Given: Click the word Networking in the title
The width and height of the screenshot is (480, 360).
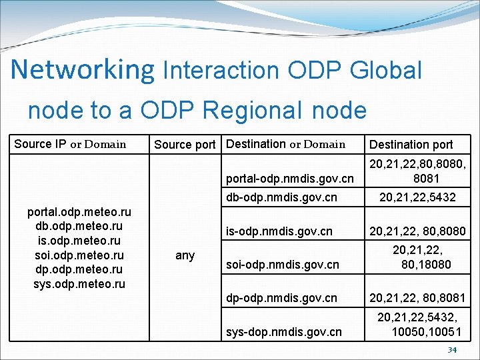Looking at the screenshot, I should click(x=82, y=70).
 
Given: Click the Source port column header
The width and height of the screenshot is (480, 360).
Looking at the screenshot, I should click(x=185, y=145).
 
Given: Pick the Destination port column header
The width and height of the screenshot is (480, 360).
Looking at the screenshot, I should click(x=411, y=145).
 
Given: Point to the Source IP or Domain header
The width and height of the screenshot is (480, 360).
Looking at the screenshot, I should click(x=70, y=144).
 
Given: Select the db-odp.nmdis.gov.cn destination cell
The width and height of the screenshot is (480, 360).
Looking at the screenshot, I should click(x=281, y=197).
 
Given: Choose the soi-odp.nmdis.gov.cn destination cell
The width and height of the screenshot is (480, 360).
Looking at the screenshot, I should click(x=283, y=265).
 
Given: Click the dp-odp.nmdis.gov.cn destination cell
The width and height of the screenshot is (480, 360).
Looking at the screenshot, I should click(x=281, y=297).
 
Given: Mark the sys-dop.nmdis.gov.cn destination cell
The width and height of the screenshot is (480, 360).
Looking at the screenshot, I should click(x=284, y=331).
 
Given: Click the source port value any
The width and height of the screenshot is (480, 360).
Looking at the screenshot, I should click(x=185, y=255).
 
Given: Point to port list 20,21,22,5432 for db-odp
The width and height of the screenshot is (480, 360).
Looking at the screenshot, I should click(x=417, y=197).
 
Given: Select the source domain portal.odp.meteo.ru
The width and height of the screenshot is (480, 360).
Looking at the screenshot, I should click(x=79, y=212).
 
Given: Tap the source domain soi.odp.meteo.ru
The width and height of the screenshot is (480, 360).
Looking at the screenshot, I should click(x=79, y=256).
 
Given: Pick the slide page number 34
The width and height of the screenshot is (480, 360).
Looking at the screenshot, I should click(x=452, y=351).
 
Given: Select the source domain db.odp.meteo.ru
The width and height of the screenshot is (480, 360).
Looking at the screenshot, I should click(x=79, y=227).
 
